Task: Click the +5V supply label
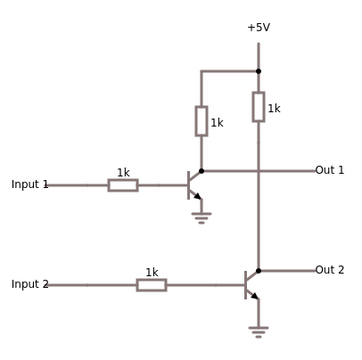coord(259,28)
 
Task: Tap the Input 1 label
coord(29,184)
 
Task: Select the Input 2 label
coord(29,284)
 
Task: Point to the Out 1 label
coord(329,170)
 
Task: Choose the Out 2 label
coord(329,270)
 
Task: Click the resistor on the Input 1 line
coord(123,185)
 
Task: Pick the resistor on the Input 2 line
coord(152,285)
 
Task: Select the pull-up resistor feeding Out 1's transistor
coord(202,121)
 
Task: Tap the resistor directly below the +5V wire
coord(259,106)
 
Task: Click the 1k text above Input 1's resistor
coord(123,173)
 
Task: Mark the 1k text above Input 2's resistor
coord(152,273)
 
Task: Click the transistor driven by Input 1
coord(193,184)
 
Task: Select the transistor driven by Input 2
coord(250,284)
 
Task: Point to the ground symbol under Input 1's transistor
coord(202,217)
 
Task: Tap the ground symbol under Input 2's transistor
coord(259,331)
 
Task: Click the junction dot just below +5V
coord(259,71)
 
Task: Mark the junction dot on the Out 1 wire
coord(202,171)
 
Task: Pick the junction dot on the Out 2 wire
coord(259,271)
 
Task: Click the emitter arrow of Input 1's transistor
coord(197,195)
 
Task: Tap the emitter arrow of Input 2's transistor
coord(254,295)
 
